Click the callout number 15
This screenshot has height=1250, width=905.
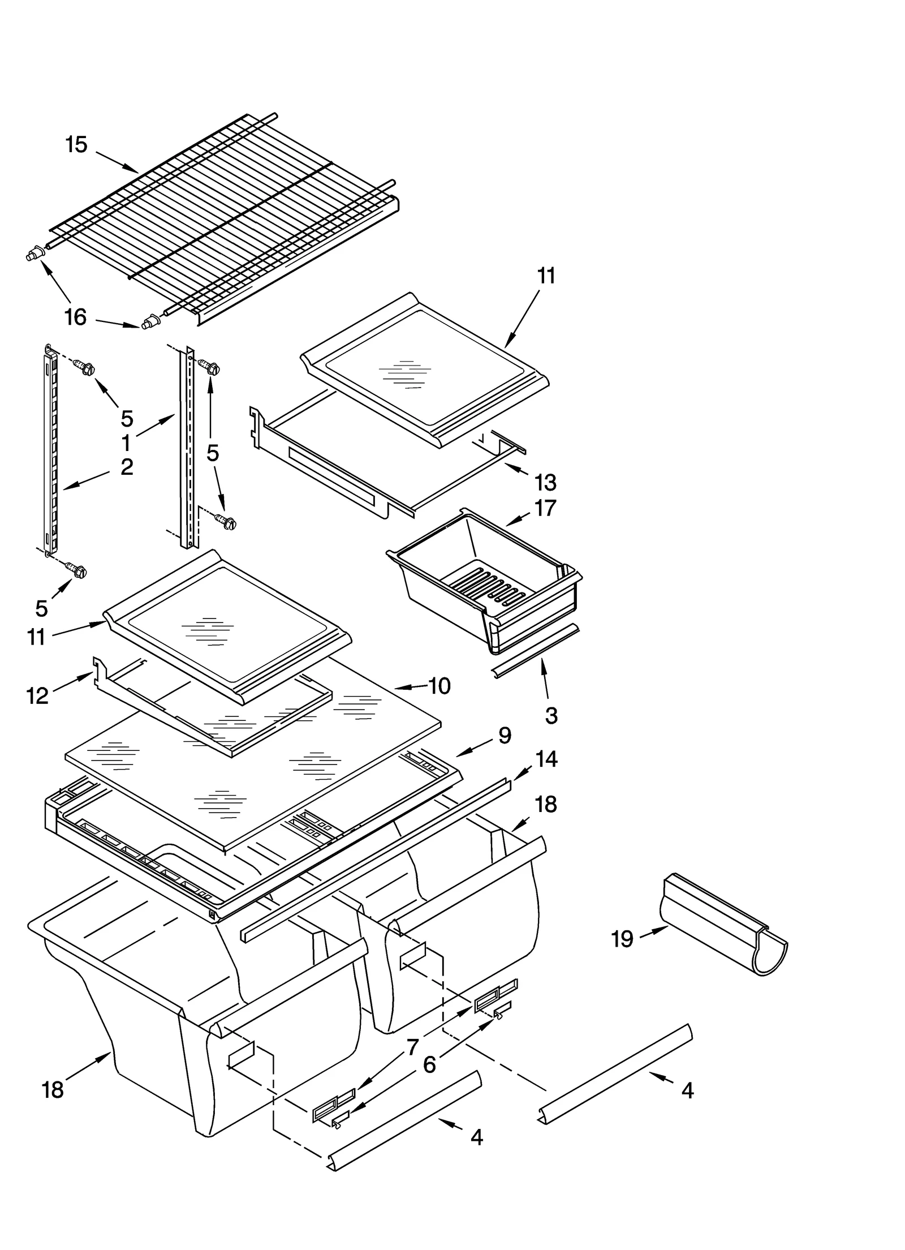(76, 145)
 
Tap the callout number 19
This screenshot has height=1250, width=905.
(622, 939)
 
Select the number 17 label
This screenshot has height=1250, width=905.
(545, 508)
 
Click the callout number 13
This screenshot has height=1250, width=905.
(545, 483)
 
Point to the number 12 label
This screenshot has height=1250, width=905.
(37, 695)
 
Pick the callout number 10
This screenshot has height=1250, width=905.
(439, 686)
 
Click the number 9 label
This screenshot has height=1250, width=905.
(505, 735)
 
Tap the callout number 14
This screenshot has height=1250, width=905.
(546, 759)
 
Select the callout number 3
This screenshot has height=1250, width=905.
(551, 715)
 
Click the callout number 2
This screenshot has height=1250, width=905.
(127, 467)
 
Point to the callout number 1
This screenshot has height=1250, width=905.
(126, 443)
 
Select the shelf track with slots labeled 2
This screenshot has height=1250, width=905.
(49, 453)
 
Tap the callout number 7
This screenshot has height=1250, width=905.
(413, 1047)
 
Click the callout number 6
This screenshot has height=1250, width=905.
(430, 1065)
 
